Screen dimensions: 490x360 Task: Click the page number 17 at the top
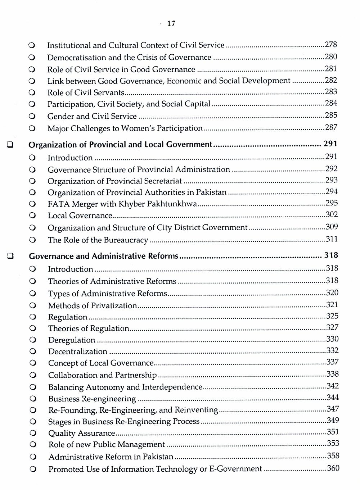pyautogui.click(x=171, y=24)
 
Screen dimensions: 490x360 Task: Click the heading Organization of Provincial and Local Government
pyautogui.click(x=120, y=145)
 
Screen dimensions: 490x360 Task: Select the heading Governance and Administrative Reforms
pyautogui.click(x=103, y=256)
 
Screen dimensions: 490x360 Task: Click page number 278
pyautogui.click(x=330, y=45)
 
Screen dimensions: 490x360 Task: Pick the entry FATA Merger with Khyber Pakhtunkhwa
pyautogui.click(x=122, y=204)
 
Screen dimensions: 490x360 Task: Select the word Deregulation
pyautogui.click(x=72, y=340)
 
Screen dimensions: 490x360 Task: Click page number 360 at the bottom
pyautogui.click(x=333, y=468)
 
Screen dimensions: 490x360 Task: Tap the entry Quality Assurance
pyautogui.click(x=81, y=433)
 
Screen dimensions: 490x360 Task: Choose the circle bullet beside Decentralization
pyautogui.click(x=33, y=351)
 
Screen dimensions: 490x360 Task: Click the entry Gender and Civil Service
pyautogui.click(x=92, y=116)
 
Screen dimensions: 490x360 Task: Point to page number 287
pyautogui.click(x=331, y=127)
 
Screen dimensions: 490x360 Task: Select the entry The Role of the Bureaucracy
pyautogui.click(x=98, y=240)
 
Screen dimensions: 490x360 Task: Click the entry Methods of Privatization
pyautogui.click(x=93, y=305)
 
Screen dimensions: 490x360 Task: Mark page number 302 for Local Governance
pyautogui.click(x=331, y=215)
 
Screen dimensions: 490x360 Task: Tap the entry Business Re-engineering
pyautogui.click(x=92, y=399)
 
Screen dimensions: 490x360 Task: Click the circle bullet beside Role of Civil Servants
pyautogui.click(x=32, y=93)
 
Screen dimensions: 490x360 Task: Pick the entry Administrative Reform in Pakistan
pyautogui.click(x=111, y=457)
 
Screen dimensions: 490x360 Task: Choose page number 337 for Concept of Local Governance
pyautogui.click(x=332, y=362)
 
